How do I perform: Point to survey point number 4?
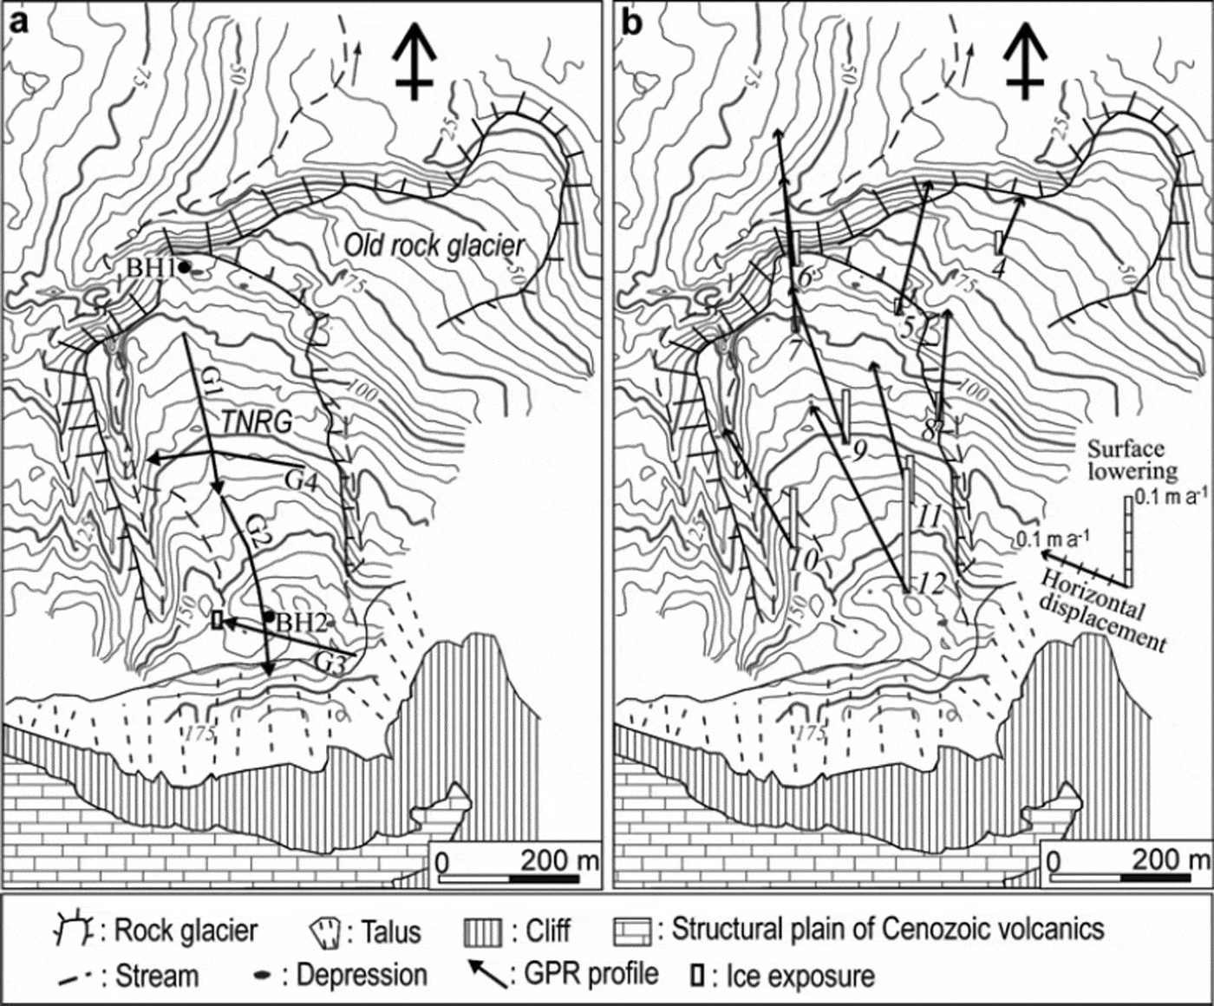pyautogui.click(x=998, y=269)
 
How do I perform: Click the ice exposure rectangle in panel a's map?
pyautogui.click(x=218, y=619)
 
